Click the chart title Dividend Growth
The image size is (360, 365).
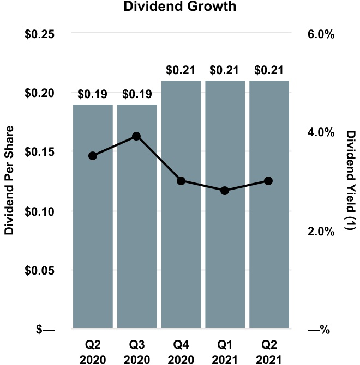point(181,8)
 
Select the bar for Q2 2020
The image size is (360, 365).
point(93,229)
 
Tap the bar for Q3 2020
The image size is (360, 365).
point(137,229)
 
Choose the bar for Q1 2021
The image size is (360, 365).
point(225,229)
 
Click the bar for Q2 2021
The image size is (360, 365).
point(269,229)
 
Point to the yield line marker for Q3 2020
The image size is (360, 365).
point(137,136)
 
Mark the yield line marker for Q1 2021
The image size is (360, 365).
point(225,191)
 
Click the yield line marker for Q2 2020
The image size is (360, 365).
point(93,156)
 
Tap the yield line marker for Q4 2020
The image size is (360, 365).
point(181,181)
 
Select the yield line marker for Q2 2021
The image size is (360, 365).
point(269,181)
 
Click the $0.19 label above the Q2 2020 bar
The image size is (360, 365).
point(93,94)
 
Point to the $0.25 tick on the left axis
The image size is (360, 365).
point(40,34)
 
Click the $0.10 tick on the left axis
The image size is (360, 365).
point(40,211)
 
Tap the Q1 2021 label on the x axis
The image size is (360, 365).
point(225,352)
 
